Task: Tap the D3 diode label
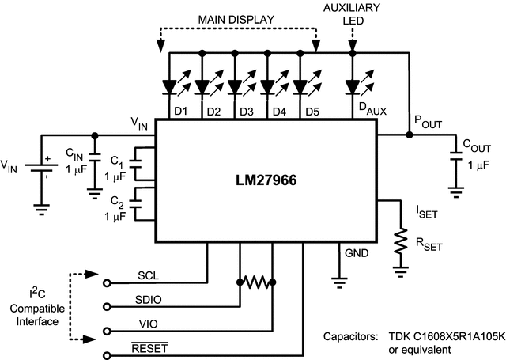(246, 112)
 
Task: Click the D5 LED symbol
(301, 85)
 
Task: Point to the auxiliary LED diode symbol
(353, 85)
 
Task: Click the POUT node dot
(409, 135)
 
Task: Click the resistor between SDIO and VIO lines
(255, 282)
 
